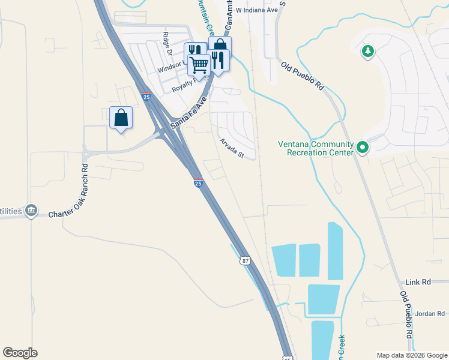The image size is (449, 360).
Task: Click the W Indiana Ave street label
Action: (x=256, y=10)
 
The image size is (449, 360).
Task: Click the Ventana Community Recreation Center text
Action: (x=315, y=148)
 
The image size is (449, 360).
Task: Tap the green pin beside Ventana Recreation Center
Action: (x=362, y=147)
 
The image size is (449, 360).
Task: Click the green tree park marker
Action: (x=367, y=52)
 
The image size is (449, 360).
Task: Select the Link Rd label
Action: (x=418, y=281)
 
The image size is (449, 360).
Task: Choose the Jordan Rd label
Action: (x=430, y=313)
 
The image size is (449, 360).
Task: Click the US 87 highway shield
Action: (x=244, y=260)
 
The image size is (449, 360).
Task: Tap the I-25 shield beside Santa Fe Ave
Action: (x=146, y=97)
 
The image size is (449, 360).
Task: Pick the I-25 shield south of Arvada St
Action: (x=197, y=183)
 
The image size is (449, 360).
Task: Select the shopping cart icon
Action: (x=199, y=63)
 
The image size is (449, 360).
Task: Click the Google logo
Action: (x=20, y=353)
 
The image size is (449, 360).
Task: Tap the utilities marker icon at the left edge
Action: (x=31, y=211)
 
